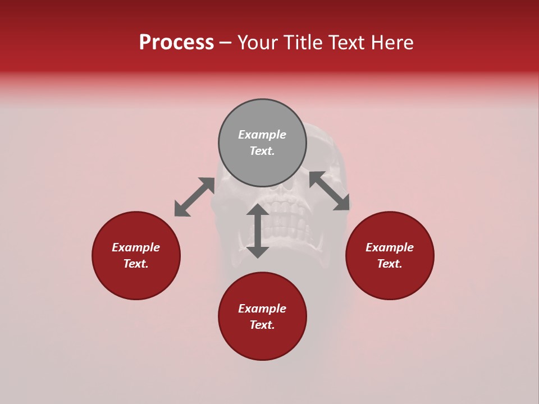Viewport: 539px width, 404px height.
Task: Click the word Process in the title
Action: [176, 43]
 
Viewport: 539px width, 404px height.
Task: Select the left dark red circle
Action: [136, 281]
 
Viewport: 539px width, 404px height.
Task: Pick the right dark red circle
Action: [390, 281]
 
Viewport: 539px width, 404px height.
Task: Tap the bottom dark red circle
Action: [262, 342]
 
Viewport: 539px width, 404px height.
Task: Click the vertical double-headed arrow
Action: [258, 231]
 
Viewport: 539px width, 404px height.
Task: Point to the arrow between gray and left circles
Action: [194, 197]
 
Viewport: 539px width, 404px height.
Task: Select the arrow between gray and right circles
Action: [330, 191]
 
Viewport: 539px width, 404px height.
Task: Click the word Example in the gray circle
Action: [262, 135]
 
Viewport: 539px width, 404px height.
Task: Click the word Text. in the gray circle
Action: [262, 151]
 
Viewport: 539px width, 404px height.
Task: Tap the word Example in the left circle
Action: [136, 247]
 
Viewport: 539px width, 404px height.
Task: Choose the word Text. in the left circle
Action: [136, 264]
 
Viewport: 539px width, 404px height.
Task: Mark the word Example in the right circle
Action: [390, 247]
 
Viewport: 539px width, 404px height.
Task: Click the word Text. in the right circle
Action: [390, 264]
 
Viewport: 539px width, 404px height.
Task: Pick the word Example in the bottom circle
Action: [262, 309]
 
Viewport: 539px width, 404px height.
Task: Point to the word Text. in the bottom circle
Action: [262, 325]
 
